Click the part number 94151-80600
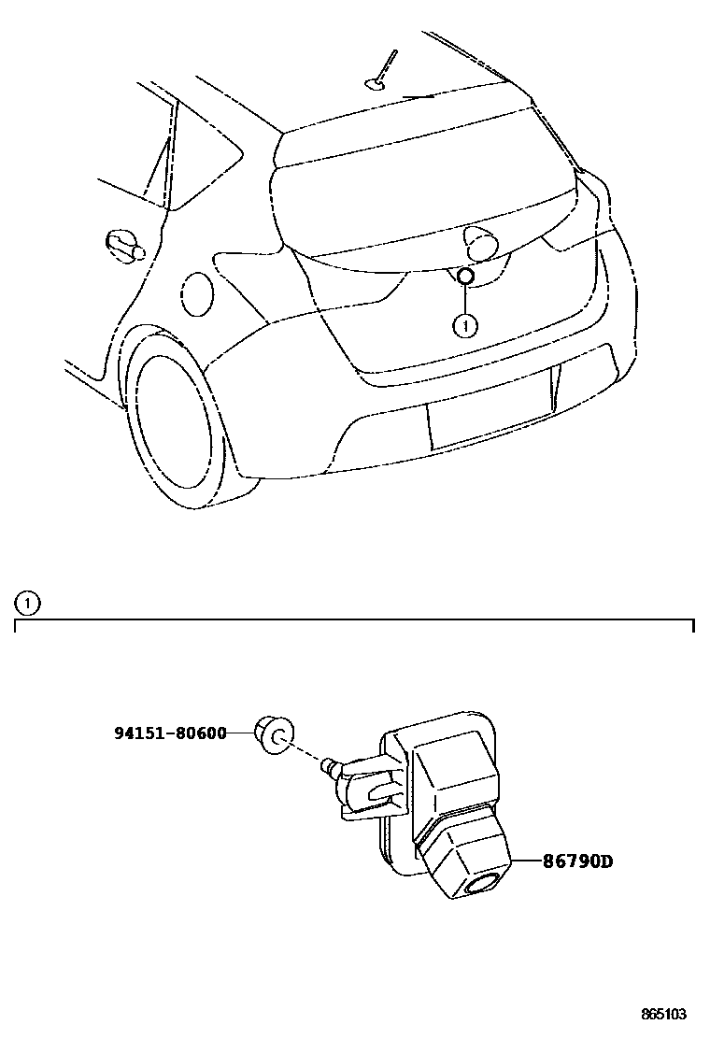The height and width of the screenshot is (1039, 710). (170, 733)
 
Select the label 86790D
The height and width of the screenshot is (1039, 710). (578, 861)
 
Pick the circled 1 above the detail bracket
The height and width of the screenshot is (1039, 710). (29, 603)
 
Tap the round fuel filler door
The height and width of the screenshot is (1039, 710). (197, 292)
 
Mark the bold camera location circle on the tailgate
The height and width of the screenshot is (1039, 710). (465, 276)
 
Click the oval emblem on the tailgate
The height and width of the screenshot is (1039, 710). (480, 243)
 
